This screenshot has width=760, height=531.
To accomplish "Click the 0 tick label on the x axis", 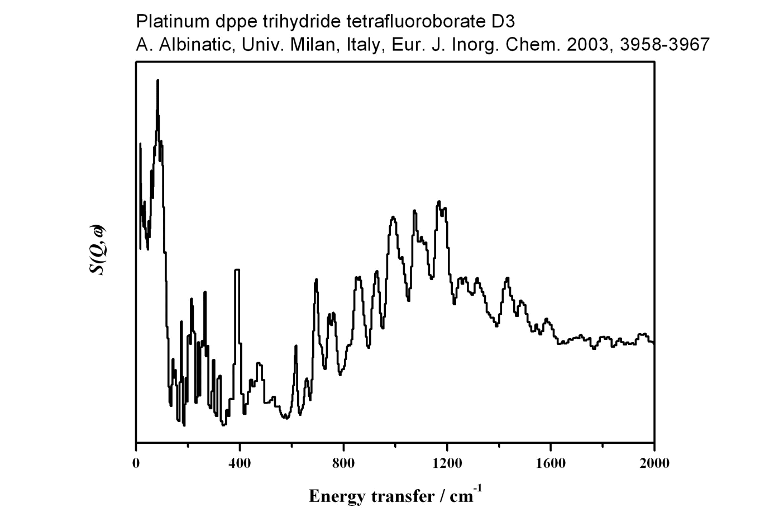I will [x=136, y=463].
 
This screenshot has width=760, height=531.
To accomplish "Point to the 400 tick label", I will [x=240, y=463].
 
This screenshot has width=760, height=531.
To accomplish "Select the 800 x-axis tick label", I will [x=343, y=463].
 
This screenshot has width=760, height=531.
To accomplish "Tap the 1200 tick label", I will [x=447, y=463].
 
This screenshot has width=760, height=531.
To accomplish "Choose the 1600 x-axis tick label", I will [x=551, y=463].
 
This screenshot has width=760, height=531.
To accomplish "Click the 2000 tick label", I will [x=654, y=463].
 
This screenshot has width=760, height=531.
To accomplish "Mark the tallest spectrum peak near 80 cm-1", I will [x=157, y=81].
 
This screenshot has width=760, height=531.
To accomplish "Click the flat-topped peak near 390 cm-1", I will [x=237, y=271].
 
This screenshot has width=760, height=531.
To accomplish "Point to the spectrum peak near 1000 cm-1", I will [x=394, y=217].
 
